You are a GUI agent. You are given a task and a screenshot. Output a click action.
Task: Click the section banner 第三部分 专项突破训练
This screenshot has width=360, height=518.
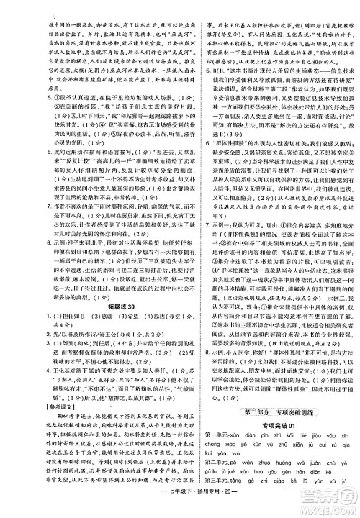click(273, 410)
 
